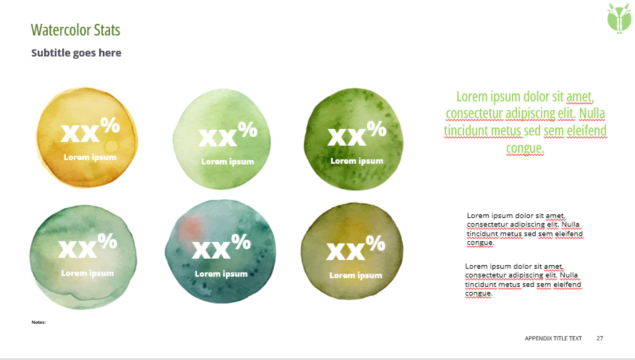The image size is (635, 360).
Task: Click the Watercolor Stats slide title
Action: pos(76,30)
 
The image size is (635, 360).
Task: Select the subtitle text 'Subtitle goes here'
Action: pos(76,53)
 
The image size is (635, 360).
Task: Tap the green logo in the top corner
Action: pos(619,18)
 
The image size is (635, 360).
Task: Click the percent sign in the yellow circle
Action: pos(110,125)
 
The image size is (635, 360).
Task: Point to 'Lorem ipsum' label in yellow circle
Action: pos(90,157)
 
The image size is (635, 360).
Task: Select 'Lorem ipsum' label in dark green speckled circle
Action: pos(357,161)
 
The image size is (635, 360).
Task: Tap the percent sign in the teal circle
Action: pos(241,242)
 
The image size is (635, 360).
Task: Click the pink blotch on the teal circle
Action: pos(192,226)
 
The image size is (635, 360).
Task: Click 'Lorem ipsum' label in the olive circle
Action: pos(356,275)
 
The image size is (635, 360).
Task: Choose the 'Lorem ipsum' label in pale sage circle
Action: pos(88,273)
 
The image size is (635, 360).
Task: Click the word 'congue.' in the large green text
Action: pos(525,148)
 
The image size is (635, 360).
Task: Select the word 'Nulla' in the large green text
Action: pos(592,113)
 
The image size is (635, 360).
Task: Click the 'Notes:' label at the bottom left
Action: pos(38,322)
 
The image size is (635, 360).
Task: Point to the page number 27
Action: pos(600,338)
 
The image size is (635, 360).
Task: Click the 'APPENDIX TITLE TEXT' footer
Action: pos(553,338)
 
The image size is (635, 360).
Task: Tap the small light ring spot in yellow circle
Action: pos(112,147)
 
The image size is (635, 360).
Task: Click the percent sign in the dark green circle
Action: pos(377,129)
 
